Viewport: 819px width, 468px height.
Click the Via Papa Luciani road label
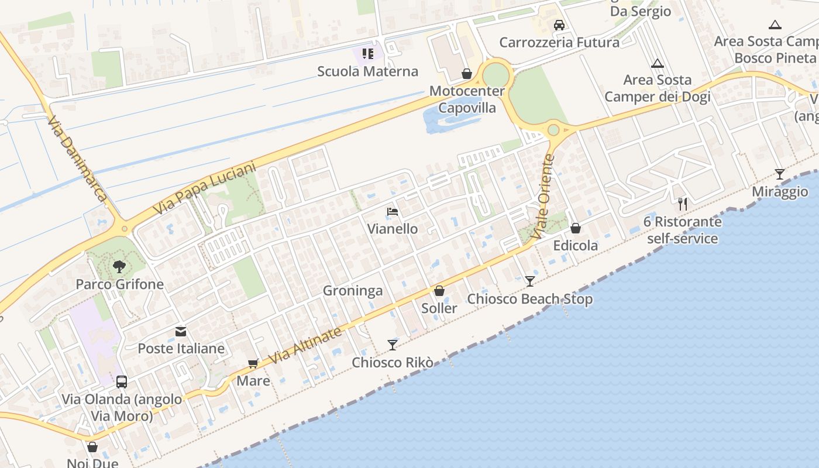[205, 188]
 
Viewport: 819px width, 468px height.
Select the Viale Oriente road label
[543, 197]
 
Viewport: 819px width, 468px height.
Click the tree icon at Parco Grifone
[119, 267]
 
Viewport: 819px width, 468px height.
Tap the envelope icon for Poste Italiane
[181, 332]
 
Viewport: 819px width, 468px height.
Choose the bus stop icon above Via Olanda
[122, 382]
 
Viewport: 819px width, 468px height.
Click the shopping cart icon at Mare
[253, 364]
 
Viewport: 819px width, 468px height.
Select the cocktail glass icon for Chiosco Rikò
[393, 345]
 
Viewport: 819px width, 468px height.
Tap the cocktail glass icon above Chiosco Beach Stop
[529, 281]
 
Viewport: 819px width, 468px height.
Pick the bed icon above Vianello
[393, 211]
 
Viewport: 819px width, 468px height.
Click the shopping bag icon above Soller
[439, 291]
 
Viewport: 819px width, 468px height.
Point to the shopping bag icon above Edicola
[576, 228]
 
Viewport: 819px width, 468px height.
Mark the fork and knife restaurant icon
[682, 204]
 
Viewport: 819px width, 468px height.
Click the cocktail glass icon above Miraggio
[780, 174]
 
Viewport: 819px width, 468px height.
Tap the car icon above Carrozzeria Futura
[559, 25]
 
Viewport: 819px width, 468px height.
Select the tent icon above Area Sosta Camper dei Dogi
[658, 63]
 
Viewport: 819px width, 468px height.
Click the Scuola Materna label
[367, 71]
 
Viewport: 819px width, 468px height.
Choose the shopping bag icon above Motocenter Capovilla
[467, 74]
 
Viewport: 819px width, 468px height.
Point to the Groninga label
[353, 291]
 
